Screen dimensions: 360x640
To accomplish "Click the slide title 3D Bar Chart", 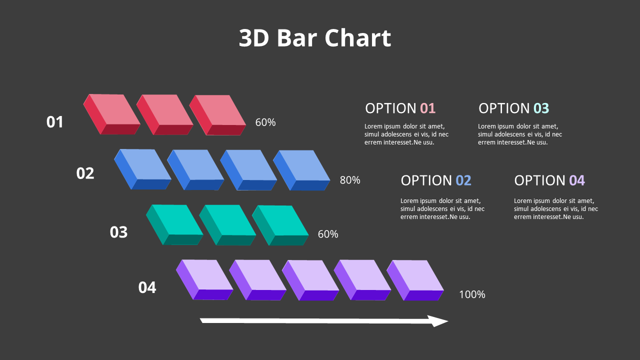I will click(315, 38).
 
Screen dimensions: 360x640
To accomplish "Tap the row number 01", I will click(55, 122).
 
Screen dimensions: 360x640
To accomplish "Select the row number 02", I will click(85, 173).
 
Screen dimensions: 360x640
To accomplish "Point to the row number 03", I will click(118, 232).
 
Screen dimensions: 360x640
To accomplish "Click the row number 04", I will click(147, 287).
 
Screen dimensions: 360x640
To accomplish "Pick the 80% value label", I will click(350, 180).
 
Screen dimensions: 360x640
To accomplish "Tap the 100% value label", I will click(472, 294).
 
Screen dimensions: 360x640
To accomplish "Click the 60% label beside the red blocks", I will click(265, 122).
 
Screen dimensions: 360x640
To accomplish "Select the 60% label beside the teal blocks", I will click(328, 234).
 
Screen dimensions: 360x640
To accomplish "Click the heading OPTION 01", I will click(400, 108).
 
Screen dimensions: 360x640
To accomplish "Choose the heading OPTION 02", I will click(436, 180).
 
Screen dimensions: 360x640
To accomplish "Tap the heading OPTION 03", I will click(513, 108).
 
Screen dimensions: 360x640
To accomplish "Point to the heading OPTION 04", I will click(549, 180).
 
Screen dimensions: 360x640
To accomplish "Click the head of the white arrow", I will click(439, 321).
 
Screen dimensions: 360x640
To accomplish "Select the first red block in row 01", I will click(112, 114).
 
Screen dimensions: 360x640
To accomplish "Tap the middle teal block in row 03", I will click(228, 224).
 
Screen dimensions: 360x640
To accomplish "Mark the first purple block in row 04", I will click(205, 279).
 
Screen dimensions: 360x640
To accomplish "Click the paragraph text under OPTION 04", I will click(556, 209).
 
